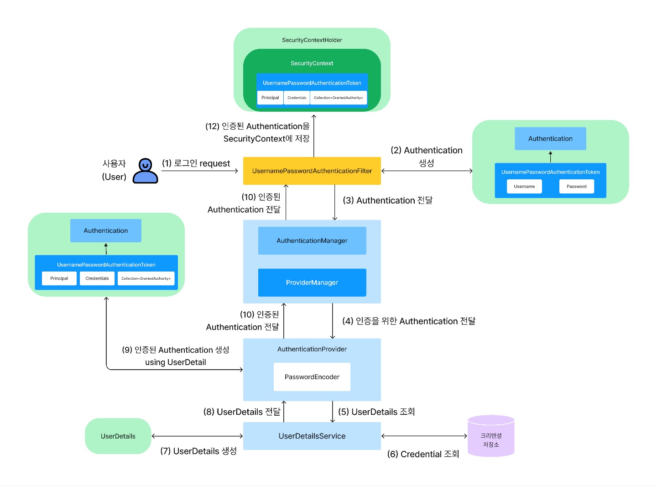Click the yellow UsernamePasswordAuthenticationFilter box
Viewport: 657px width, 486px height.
tap(312, 171)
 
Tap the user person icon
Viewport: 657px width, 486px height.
tap(145, 171)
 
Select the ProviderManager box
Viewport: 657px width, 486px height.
tap(312, 282)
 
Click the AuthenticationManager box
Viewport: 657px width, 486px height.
tap(312, 240)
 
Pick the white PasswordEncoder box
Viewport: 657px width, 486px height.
tap(312, 377)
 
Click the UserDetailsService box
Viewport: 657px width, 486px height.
tap(312, 436)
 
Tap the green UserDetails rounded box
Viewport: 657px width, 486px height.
tap(118, 436)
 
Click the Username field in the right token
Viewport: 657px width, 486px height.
tap(524, 186)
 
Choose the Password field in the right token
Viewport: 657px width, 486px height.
tap(576, 186)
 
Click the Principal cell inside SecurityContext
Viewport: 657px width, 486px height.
tap(270, 98)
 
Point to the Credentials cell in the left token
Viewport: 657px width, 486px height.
tap(97, 278)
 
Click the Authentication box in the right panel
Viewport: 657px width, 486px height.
tap(550, 139)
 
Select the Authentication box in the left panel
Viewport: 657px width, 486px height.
tap(106, 231)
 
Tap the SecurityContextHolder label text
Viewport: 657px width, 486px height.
tap(312, 40)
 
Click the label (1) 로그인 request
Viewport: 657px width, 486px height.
tap(196, 163)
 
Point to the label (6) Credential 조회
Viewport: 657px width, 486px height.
tap(423, 454)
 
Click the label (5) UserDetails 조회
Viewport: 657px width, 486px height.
tap(376, 412)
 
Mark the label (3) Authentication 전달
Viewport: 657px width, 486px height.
tap(388, 200)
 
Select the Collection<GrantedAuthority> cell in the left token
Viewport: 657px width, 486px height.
tap(146, 278)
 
